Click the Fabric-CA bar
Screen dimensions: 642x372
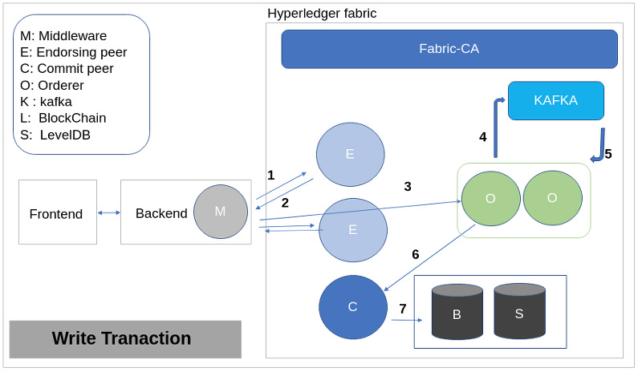[449, 49]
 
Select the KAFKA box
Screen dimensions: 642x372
[556, 101]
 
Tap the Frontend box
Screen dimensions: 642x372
[58, 212]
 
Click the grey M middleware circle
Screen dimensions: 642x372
[221, 212]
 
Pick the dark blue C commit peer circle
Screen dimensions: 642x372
[353, 307]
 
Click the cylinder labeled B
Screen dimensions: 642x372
[457, 312]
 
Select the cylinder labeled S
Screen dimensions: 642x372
[519, 311]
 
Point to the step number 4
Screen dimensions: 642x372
[483, 136]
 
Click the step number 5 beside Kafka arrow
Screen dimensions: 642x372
[608, 154]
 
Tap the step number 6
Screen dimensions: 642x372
[416, 255]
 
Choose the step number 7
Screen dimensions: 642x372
[403, 309]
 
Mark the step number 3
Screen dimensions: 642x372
[408, 187]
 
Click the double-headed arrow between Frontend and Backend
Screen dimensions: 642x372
[109, 212]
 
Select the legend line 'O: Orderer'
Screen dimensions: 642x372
[52, 85]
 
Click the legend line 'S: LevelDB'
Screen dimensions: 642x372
[55, 135]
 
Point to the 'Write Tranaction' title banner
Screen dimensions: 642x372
[125, 339]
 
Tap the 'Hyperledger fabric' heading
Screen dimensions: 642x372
[322, 14]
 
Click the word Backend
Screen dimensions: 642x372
[161, 213]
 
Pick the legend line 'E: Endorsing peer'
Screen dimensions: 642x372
[73, 52]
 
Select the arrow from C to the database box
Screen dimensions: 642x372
[407, 320]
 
